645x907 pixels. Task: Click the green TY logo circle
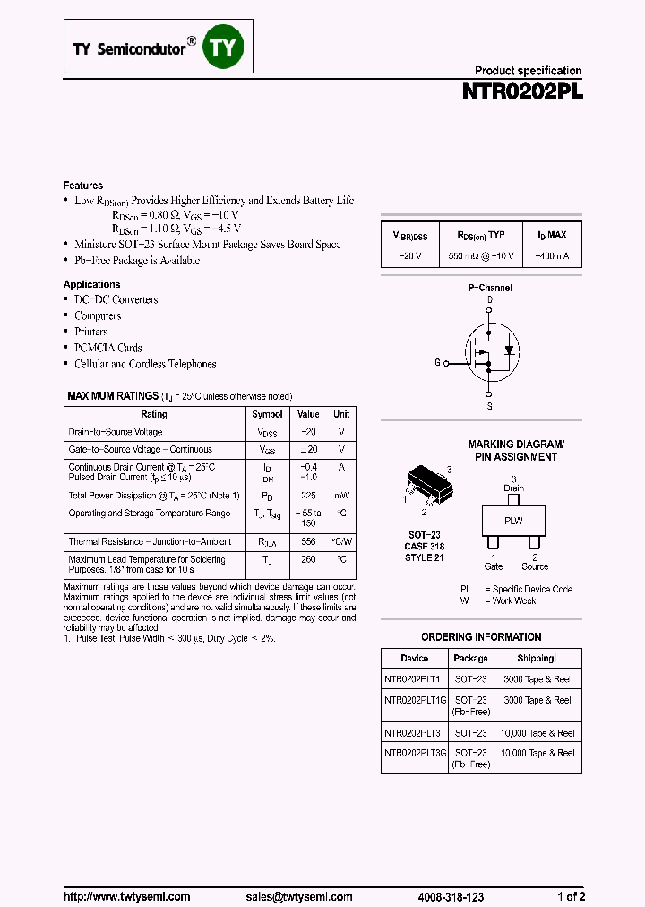coord(222,48)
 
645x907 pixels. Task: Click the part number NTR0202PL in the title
coord(522,91)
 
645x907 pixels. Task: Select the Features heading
coord(83,186)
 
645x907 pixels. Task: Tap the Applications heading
coord(92,284)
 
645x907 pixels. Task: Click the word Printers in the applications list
coord(91,332)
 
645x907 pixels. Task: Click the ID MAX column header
coord(552,235)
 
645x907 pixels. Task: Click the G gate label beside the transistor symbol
coord(437,363)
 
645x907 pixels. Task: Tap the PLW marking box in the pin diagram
coord(512,521)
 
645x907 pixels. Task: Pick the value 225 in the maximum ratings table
coord(308,495)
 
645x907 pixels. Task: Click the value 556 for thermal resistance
coord(308,541)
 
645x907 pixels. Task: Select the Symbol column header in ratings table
coord(267,415)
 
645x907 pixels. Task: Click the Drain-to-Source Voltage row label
coord(116,432)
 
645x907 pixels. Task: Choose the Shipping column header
coord(536,658)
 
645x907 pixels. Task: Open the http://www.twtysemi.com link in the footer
coord(127,896)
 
